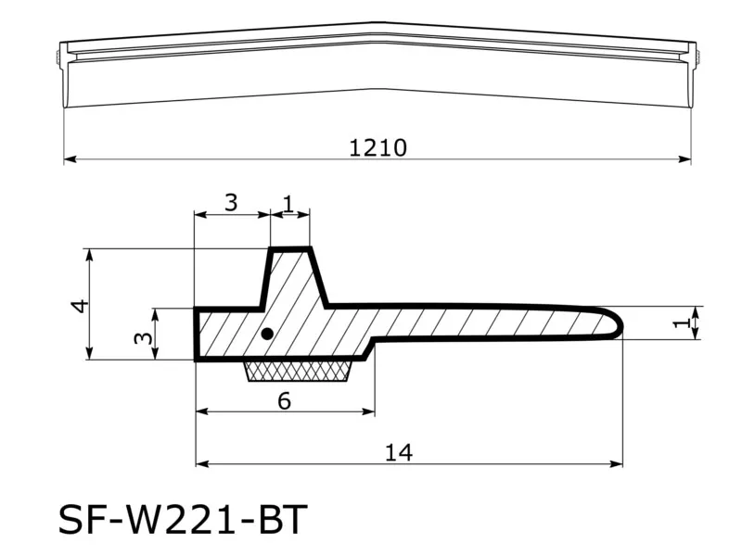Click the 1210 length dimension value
coord(377,147)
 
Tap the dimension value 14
coord(398,452)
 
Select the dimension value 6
coord(284,400)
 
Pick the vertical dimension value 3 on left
coord(142,337)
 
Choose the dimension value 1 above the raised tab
coord(288,203)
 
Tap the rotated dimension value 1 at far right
coord(682,322)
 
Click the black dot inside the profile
coord(267,334)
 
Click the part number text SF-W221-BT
coord(182,520)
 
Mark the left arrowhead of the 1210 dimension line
coord(69,159)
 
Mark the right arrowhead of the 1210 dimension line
coord(686,159)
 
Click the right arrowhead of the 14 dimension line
coord(618,463)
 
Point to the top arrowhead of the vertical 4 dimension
coord(89,253)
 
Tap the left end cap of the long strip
coord(60,57)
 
